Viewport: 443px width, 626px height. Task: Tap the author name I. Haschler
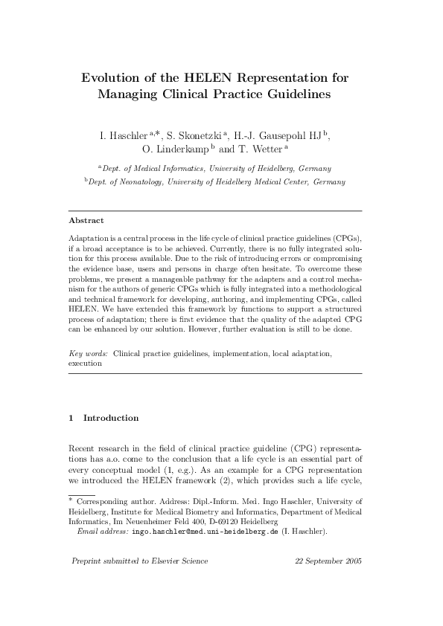click(123, 135)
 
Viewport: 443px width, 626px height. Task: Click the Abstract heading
click(86, 220)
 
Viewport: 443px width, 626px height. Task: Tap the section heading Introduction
click(111, 418)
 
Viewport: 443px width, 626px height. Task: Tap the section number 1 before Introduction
click(71, 418)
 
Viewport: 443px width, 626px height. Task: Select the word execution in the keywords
click(85, 364)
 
